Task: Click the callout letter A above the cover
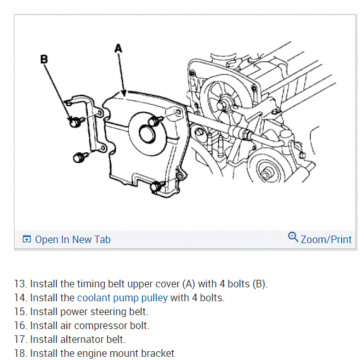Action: point(118,49)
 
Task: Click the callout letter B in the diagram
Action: point(44,59)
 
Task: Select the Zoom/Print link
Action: point(326,239)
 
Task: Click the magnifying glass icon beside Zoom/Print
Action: point(293,237)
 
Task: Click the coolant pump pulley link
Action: point(122,298)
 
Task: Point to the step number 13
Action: point(21,284)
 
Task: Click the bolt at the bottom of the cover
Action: point(157,186)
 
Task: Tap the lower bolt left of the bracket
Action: point(80,157)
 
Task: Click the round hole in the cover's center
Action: point(147,133)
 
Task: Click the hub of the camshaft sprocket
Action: point(222,105)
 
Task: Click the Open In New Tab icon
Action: point(27,239)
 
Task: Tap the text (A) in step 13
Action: point(189,284)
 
